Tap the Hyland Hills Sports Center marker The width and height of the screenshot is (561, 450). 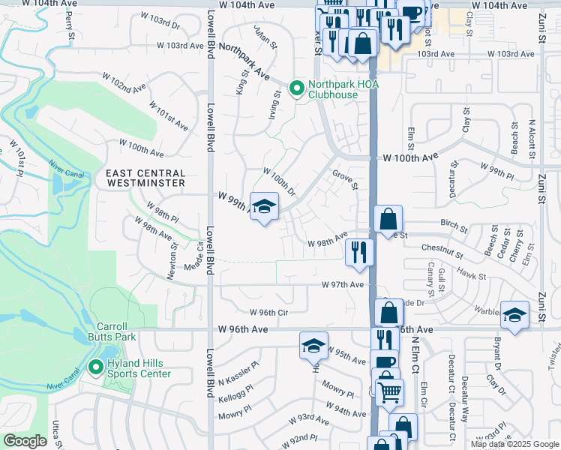tap(95, 367)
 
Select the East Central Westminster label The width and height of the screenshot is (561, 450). tap(145, 178)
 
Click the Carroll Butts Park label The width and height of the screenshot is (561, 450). tap(117, 331)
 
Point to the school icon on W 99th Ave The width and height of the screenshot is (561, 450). tap(264, 207)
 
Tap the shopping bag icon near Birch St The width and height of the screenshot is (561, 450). tap(388, 219)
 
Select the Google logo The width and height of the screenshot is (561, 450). tap(25, 441)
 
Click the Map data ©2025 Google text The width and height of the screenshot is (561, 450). tap(515, 444)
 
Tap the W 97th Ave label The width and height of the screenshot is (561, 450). tap(343, 285)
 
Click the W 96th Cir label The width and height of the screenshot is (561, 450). tap(259, 312)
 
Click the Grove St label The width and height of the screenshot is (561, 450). tap(344, 179)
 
